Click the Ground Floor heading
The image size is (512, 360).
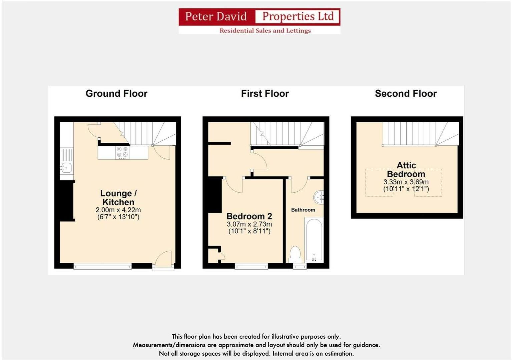click(x=116, y=94)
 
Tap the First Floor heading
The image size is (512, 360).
click(x=265, y=94)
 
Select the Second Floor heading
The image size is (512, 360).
click(x=406, y=94)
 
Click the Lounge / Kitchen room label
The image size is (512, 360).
click(x=118, y=198)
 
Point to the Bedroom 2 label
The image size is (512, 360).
click(x=249, y=216)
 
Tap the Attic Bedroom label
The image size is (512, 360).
click(x=406, y=170)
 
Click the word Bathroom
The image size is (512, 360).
click(x=303, y=210)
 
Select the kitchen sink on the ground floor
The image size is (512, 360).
click(x=66, y=168)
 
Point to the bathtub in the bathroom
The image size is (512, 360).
click(x=314, y=239)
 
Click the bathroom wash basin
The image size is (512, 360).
click(x=319, y=197)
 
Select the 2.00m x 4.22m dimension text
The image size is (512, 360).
click(x=118, y=210)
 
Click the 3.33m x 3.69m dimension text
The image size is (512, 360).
click(x=406, y=182)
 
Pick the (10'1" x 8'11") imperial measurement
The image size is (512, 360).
click(x=249, y=231)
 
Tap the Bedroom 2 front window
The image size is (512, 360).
click(x=251, y=266)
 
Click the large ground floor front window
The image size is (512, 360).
click(x=102, y=266)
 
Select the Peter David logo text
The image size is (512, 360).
click(x=216, y=16)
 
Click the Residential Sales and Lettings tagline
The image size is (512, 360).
click(x=265, y=31)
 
